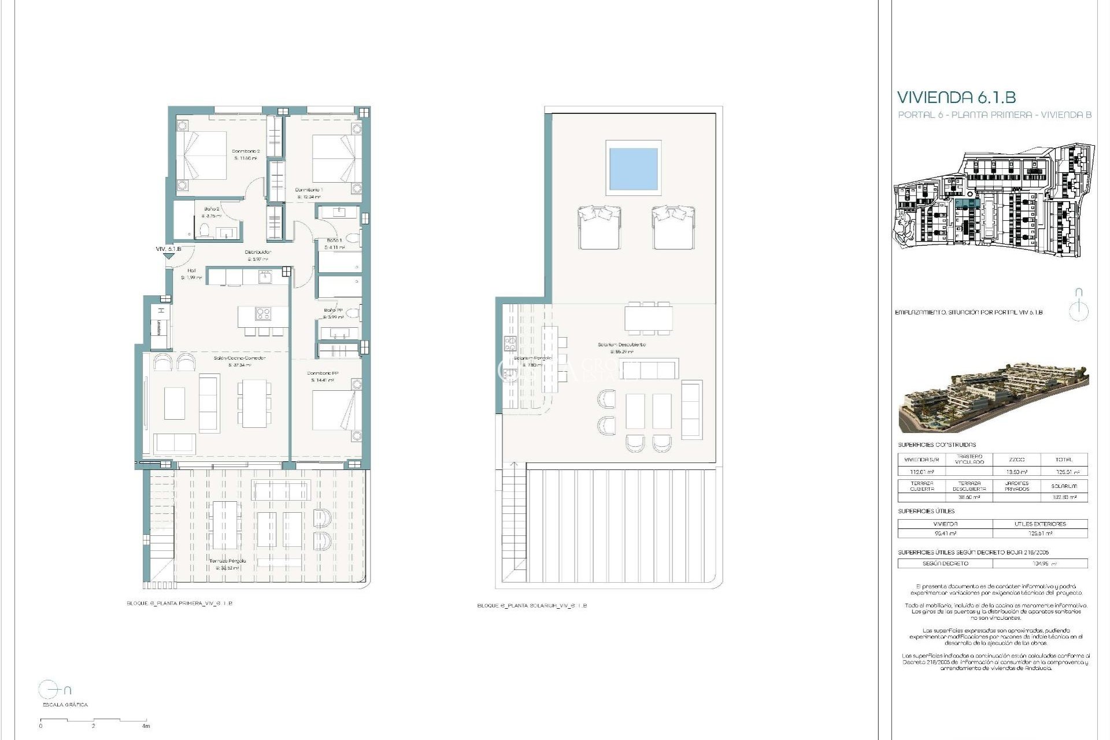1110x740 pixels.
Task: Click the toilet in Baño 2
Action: [x=203, y=232]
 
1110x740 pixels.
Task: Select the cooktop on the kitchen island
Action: [x=263, y=314]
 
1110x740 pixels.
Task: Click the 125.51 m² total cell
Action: [x=1064, y=472]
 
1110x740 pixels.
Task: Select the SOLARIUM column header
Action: [x=1064, y=486]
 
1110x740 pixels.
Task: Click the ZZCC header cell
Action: [x=1016, y=460]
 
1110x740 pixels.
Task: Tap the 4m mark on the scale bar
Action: [x=146, y=725]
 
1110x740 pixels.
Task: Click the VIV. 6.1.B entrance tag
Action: [x=168, y=249]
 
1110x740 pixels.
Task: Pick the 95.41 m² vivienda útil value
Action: [x=945, y=534]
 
